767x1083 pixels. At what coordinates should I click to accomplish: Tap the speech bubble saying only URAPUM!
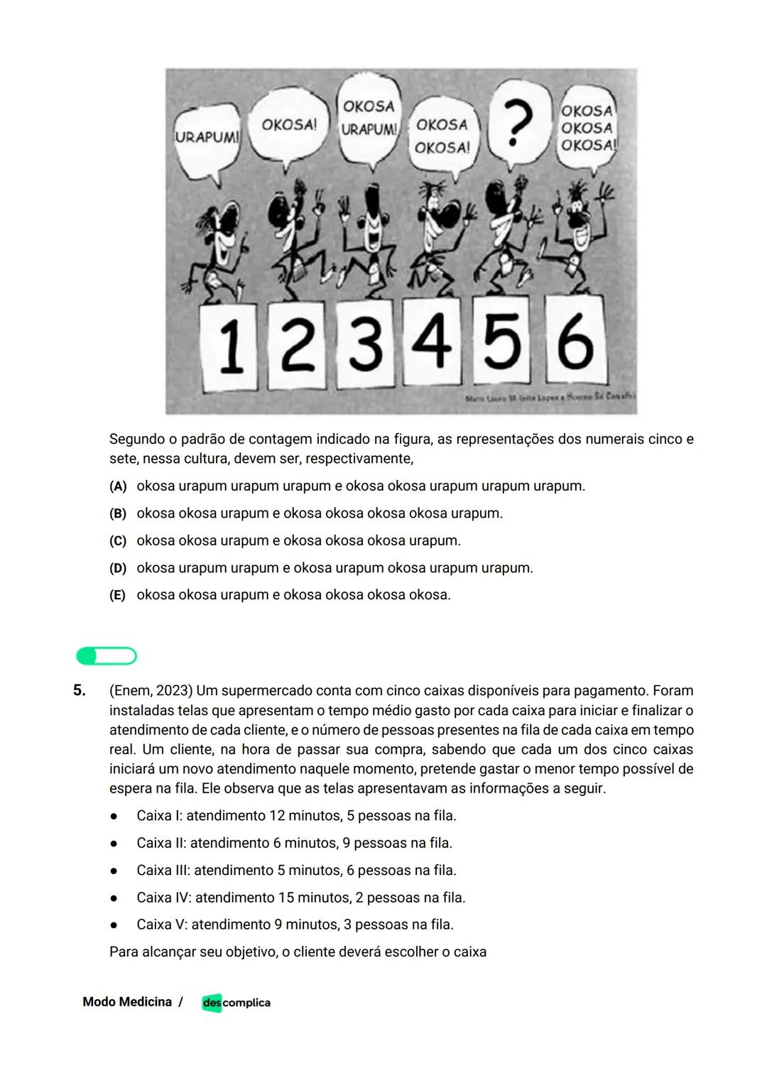pyautogui.click(x=207, y=139)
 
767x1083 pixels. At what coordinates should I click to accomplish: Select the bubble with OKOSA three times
pyautogui.click(x=587, y=129)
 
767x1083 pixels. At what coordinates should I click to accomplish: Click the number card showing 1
pyautogui.click(x=229, y=345)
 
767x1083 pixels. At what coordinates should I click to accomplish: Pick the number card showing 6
pyautogui.click(x=575, y=342)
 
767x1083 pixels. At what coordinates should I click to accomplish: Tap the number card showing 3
pyautogui.click(x=365, y=345)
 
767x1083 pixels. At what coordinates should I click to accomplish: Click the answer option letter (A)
pyautogui.click(x=118, y=486)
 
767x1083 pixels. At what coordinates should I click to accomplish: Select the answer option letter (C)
pyautogui.click(x=118, y=541)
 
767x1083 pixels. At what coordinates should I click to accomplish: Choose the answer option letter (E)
pyautogui.click(x=118, y=595)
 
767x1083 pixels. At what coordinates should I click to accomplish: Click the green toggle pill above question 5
pyautogui.click(x=107, y=655)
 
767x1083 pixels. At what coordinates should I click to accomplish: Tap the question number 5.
pyautogui.click(x=79, y=690)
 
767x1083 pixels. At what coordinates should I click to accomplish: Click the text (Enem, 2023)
pyautogui.click(x=151, y=691)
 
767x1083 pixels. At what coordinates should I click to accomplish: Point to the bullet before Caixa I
pyautogui.click(x=114, y=816)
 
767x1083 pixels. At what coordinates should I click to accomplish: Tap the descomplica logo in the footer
pyautogui.click(x=236, y=1003)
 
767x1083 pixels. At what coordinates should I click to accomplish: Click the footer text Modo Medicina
pyautogui.click(x=127, y=1002)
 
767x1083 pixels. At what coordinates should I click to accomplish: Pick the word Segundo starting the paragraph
pyautogui.click(x=137, y=440)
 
